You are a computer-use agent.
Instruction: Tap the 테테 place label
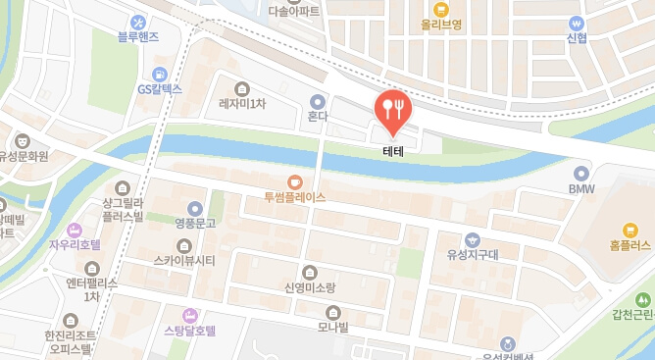[393, 154]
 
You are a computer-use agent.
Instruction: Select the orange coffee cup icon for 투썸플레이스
[294, 181]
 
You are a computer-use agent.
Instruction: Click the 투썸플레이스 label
[294, 197]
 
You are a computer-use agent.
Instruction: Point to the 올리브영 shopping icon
[441, 8]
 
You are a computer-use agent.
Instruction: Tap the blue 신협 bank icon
[577, 23]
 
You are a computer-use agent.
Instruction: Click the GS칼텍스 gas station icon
[159, 73]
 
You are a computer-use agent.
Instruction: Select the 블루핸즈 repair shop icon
[137, 22]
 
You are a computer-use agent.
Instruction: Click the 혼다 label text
[317, 116]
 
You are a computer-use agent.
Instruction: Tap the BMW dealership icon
[581, 171]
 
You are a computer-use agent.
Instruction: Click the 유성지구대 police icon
[473, 239]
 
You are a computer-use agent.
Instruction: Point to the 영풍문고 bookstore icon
[195, 208]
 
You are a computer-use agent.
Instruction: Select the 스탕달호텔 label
[190, 331]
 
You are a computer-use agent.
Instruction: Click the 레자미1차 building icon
[242, 88]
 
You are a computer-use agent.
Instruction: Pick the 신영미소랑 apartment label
[310, 287]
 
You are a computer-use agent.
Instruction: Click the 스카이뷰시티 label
[184, 260]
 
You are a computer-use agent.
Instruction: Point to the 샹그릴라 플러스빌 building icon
[122, 188]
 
